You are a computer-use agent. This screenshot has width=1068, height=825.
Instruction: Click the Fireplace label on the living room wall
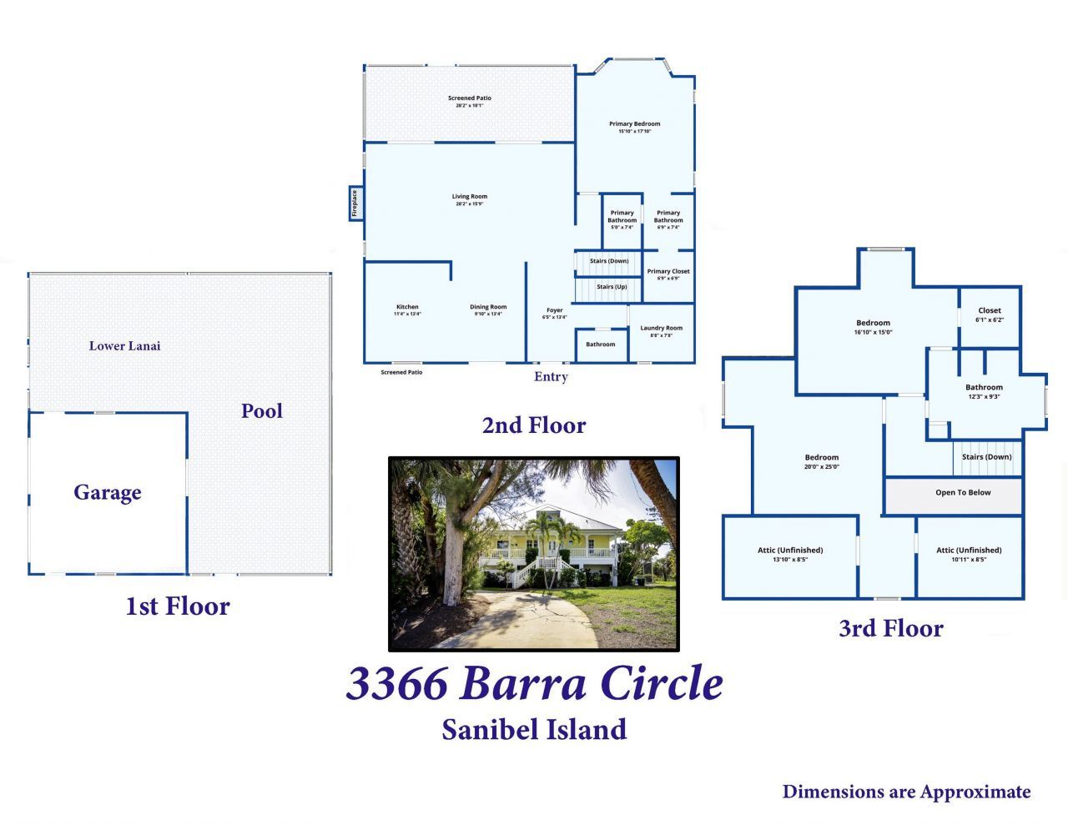(x=355, y=204)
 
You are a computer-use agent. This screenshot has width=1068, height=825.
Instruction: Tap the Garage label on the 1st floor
(x=108, y=492)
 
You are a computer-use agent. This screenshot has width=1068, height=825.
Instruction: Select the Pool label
(x=262, y=410)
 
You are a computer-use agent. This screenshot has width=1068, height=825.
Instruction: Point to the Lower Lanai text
(x=125, y=345)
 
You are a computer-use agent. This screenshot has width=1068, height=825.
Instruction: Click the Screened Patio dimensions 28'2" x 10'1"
(x=470, y=106)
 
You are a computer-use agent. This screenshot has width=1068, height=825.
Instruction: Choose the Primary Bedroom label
(x=634, y=124)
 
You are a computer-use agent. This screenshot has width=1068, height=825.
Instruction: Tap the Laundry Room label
(x=661, y=329)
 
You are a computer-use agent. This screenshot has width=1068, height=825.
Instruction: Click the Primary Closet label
(x=668, y=271)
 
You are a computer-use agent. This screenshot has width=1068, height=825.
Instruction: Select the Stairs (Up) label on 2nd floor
(x=612, y=287)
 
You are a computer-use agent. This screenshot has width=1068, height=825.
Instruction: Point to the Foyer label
(x=554, y=310)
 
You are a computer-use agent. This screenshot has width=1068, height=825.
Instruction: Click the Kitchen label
(x=407, y=307)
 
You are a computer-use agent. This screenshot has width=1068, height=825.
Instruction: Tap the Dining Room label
(x=488, y=307)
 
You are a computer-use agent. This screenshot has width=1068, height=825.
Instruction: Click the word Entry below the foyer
(x=551, y=377)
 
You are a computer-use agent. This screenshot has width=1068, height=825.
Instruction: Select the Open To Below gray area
(x=963, y=493)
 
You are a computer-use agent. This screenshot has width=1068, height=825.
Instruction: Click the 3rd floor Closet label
(x=990, y=311)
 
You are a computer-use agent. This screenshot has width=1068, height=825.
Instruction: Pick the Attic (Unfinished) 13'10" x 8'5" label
(x=790, y=551)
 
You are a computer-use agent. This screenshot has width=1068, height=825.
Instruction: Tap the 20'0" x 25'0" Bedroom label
(x=822, y=461)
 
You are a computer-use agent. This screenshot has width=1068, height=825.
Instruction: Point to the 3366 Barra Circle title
(x=534, y=683)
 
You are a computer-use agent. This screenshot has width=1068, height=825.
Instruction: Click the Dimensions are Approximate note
(x=906, y=792)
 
